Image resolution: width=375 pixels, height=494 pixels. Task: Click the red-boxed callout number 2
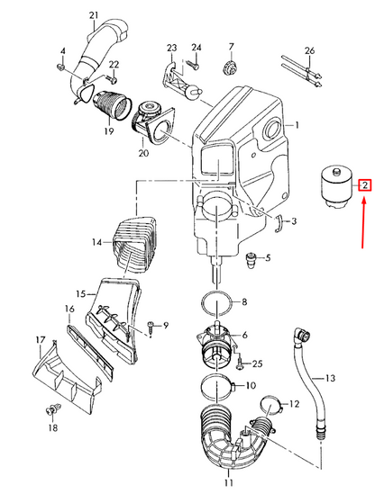point(364,185)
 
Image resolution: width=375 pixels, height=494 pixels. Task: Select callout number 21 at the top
point(94,15)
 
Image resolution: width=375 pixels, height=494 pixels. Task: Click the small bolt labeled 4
point(61,67)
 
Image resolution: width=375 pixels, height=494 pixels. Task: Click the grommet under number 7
point(231,67)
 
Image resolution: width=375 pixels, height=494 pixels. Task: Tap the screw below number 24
point(193,65)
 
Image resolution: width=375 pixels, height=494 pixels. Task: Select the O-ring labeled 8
point(216,302)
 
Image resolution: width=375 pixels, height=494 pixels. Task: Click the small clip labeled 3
point(278,224)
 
